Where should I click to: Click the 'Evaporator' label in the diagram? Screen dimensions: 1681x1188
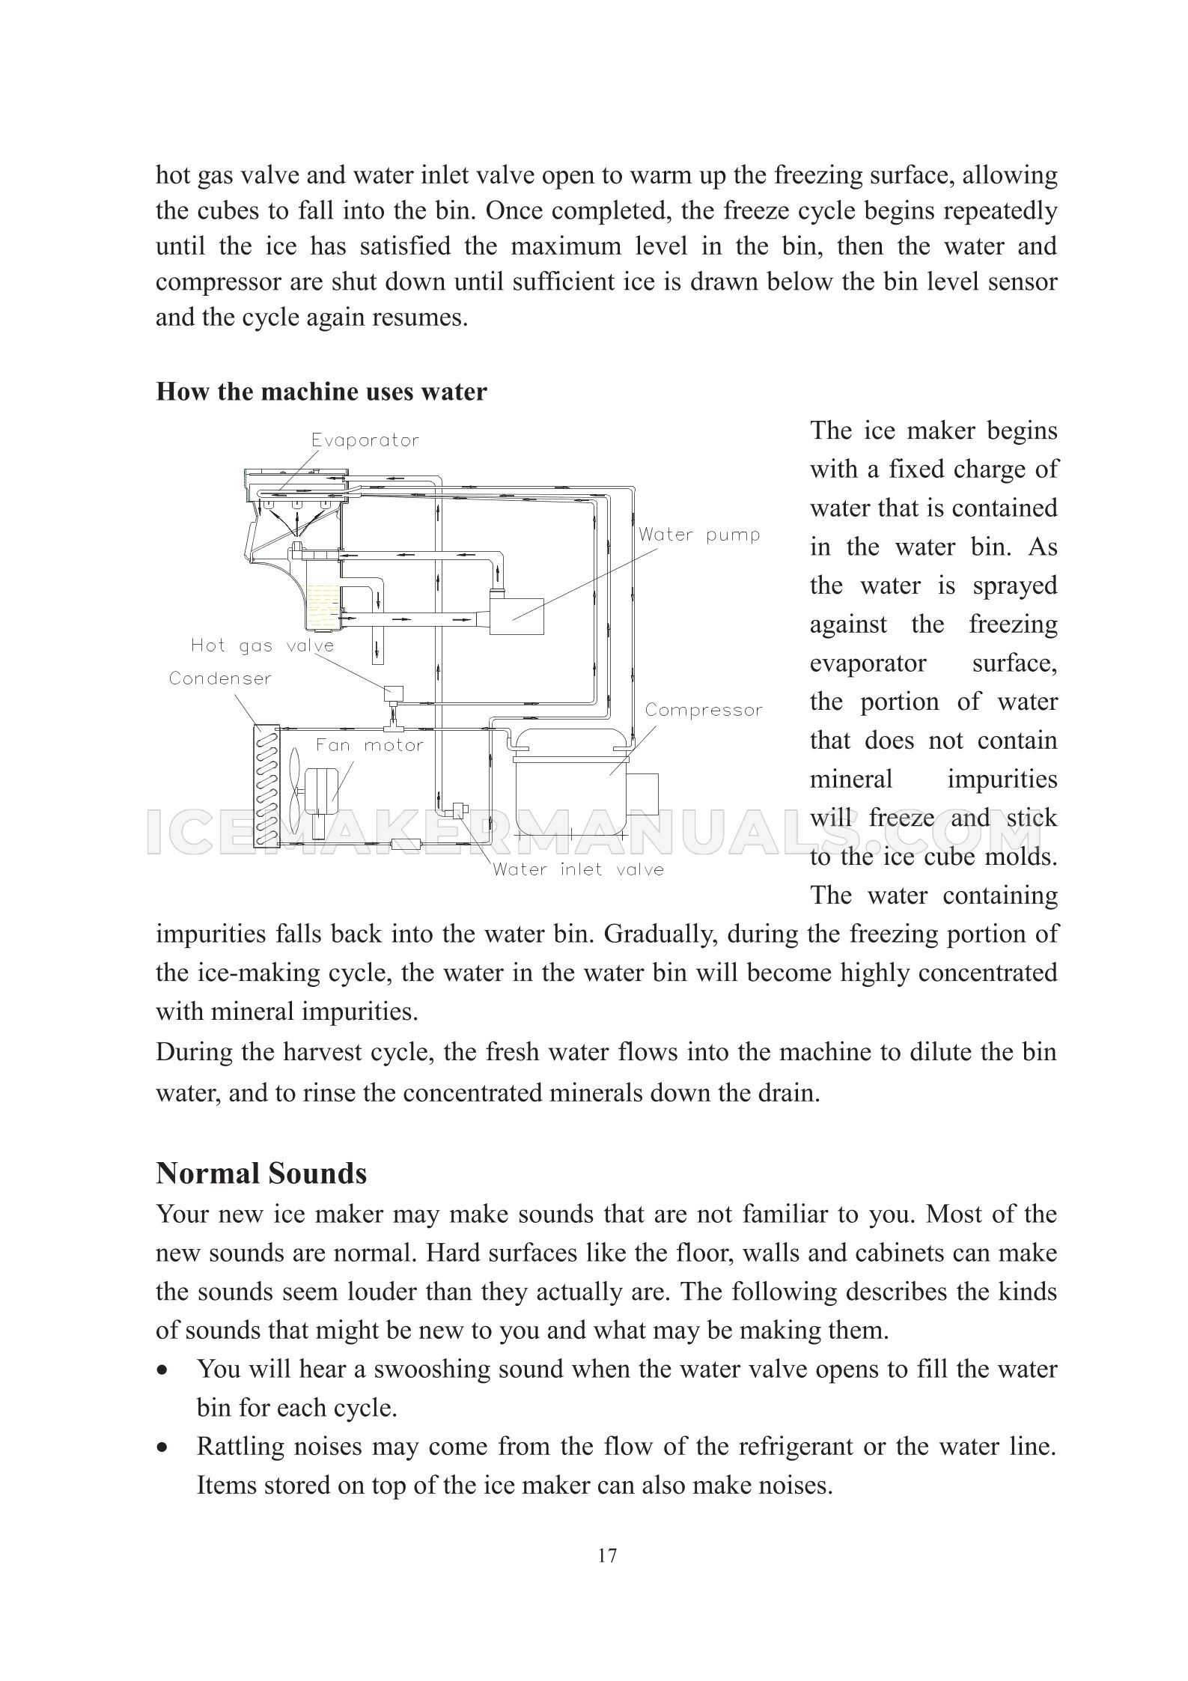365,440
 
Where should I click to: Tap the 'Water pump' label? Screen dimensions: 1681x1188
699,535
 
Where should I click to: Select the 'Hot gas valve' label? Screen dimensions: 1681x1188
262,645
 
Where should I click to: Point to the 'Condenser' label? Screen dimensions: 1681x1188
220,678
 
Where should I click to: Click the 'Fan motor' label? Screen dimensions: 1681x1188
369,745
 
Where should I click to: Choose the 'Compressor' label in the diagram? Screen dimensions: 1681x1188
704,710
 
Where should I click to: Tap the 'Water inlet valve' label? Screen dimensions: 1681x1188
578,869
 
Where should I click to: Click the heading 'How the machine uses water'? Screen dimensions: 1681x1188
321,392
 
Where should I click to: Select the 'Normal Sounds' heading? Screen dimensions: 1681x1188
261,1173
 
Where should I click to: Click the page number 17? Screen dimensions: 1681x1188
608,1556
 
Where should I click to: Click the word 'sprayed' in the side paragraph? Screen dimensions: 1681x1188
1014,586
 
